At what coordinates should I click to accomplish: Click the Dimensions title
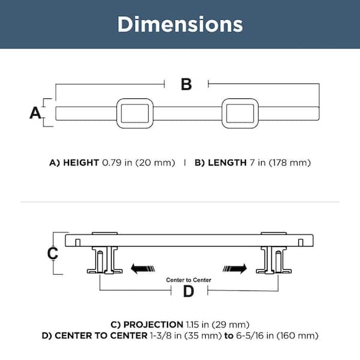[180, 24]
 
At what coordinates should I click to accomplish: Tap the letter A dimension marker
[35, 113]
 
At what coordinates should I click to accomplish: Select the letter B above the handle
[186, 84]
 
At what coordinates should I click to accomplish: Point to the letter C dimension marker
[53, 253]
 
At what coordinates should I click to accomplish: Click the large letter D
[188, 291]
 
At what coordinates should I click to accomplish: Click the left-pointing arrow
[143, 268]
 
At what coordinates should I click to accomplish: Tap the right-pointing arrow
[235, 268]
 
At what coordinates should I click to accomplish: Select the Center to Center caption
[188, 280]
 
